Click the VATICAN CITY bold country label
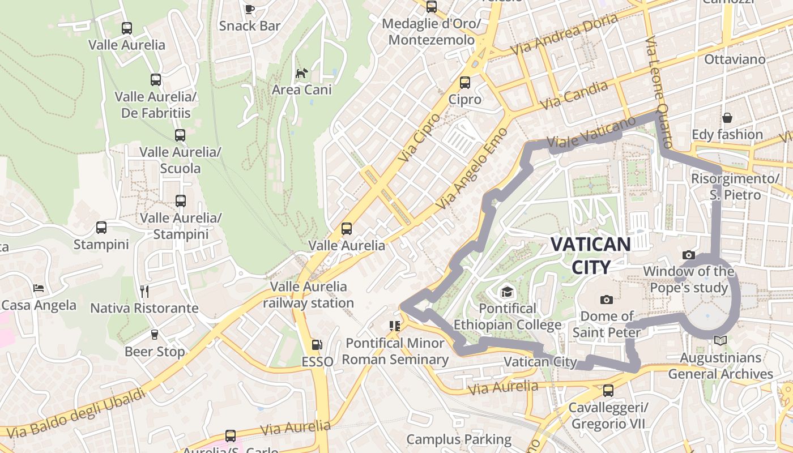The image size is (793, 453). pos(590,255)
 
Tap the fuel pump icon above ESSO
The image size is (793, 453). pos(317,344)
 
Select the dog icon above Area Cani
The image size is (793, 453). pos(302,73)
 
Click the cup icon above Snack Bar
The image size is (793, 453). pos(249,9)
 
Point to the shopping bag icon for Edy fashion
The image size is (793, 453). pos(727,118)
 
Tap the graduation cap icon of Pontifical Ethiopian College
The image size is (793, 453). pos(506,292)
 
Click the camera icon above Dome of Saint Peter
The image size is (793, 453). pos(607,300)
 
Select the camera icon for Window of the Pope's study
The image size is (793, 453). pos(689,255)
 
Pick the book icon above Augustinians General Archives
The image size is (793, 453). pos(720,340)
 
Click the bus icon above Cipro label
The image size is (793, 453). pos(465,83)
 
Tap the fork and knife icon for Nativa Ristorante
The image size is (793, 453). pos(144,292)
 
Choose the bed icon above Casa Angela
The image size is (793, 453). pos(39,288)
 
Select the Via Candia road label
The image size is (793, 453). pos(574,95)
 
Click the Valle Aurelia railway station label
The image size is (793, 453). pos(308,294)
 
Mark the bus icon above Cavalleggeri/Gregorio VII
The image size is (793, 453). pos(608,391)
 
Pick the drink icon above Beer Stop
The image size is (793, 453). pos(155,335)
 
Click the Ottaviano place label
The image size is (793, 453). pos(734,59)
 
